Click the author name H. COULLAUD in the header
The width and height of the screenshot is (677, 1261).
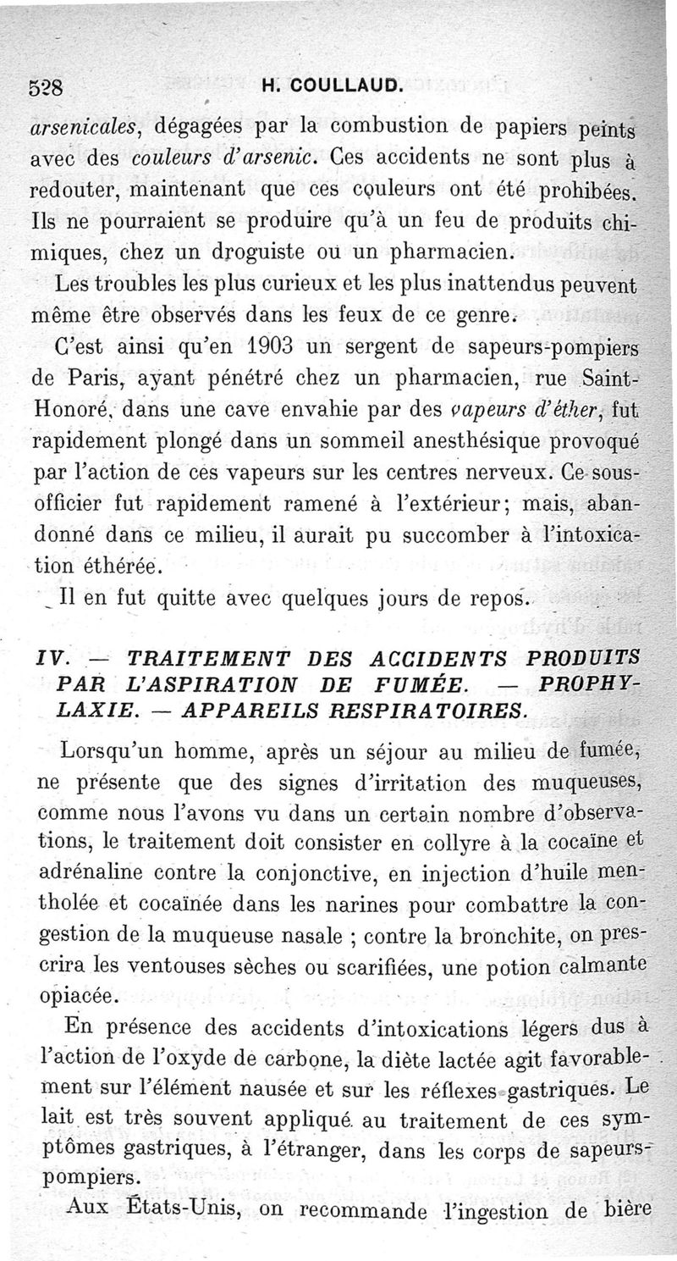[x=331, y=86]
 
